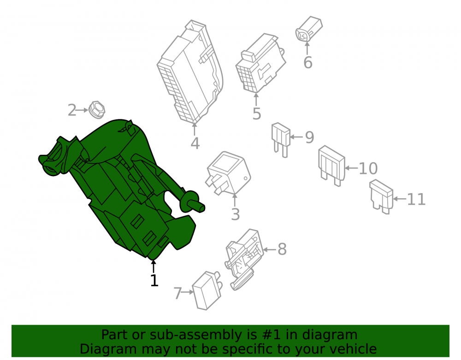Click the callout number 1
pos(154,280)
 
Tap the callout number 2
pos(72,110)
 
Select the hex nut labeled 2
pos(97,110)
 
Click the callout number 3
pos(235,214)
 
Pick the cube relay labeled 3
pos(229,173)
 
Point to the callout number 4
pos(195,143)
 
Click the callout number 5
pos(257,114)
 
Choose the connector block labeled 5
pos(260,64)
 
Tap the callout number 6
pos(308,63)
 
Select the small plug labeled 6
pos(309,29)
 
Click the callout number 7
pos(177,293)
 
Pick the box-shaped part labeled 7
pos(207,290)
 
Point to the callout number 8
pos(282,249)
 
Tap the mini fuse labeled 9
pos(281,140)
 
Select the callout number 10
pos(368,168)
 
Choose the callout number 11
pos(416,200)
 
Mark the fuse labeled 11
pos(381,197)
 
